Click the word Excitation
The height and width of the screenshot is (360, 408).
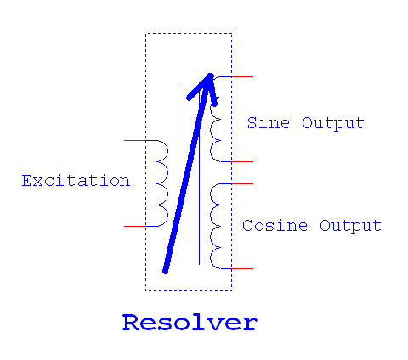(76, 181)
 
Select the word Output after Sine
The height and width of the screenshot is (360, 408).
(333, 123)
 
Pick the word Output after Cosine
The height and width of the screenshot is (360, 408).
(350, 227)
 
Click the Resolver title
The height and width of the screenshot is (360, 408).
(189, 323)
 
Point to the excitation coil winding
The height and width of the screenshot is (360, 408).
(161, 183)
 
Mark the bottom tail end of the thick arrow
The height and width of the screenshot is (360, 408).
(167, 269)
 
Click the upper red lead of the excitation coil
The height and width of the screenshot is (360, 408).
(137, 141)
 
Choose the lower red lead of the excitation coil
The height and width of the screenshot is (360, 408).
(137, 227)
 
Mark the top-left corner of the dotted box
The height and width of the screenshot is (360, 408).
(146, 34)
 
